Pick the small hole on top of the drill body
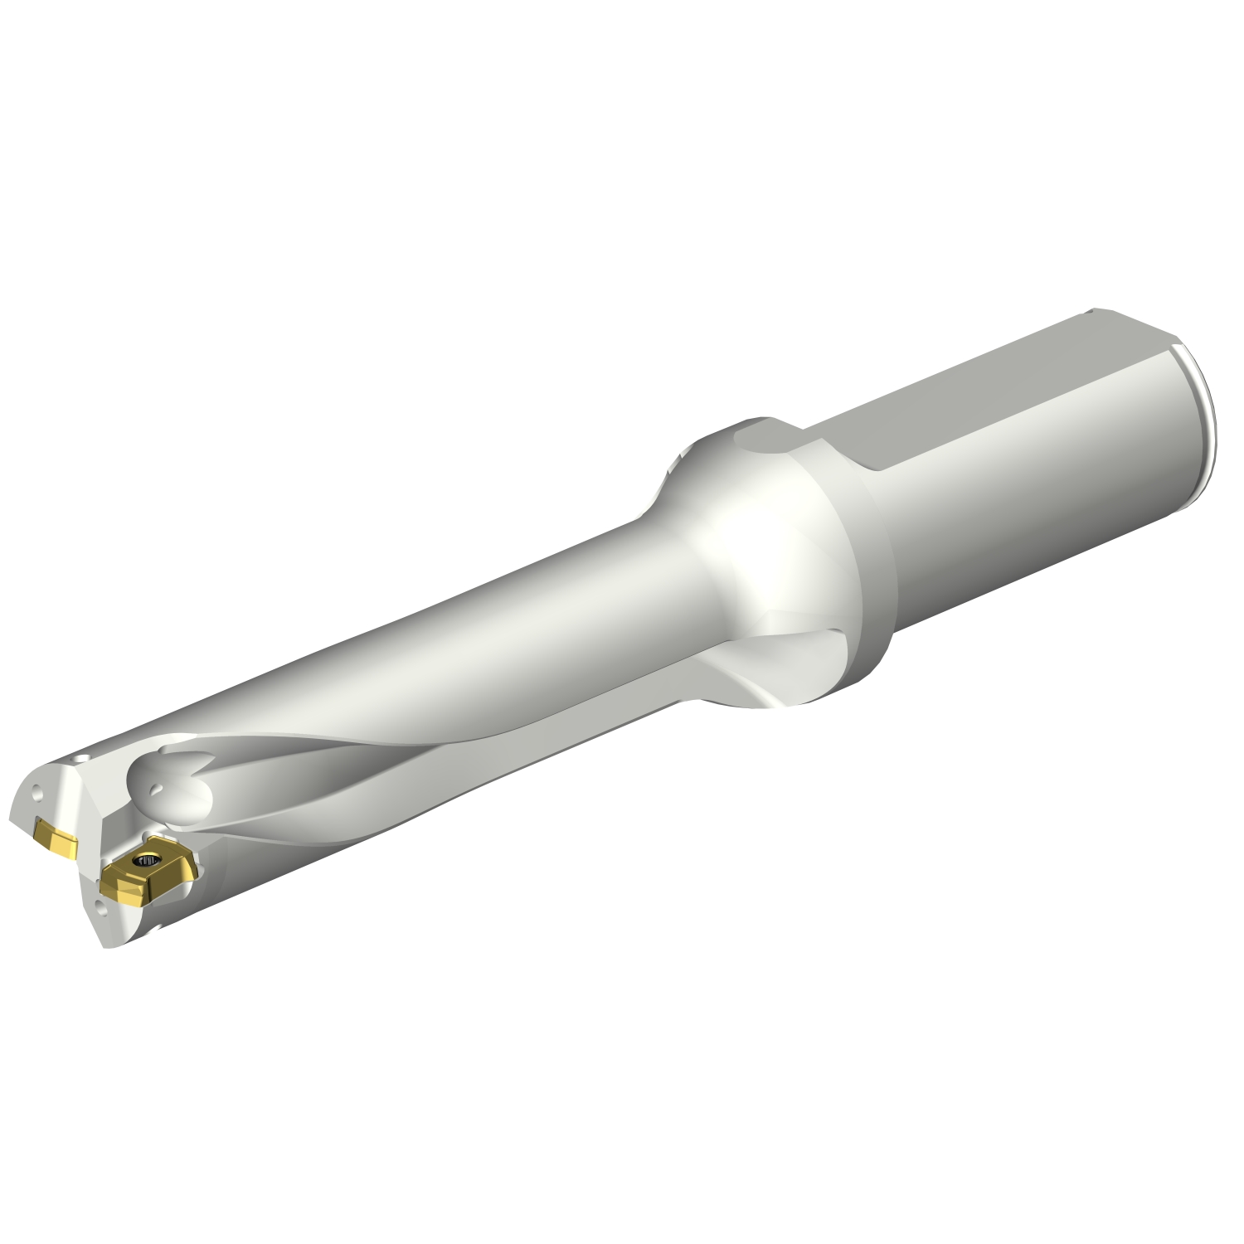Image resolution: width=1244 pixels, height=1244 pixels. coord(80,759)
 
